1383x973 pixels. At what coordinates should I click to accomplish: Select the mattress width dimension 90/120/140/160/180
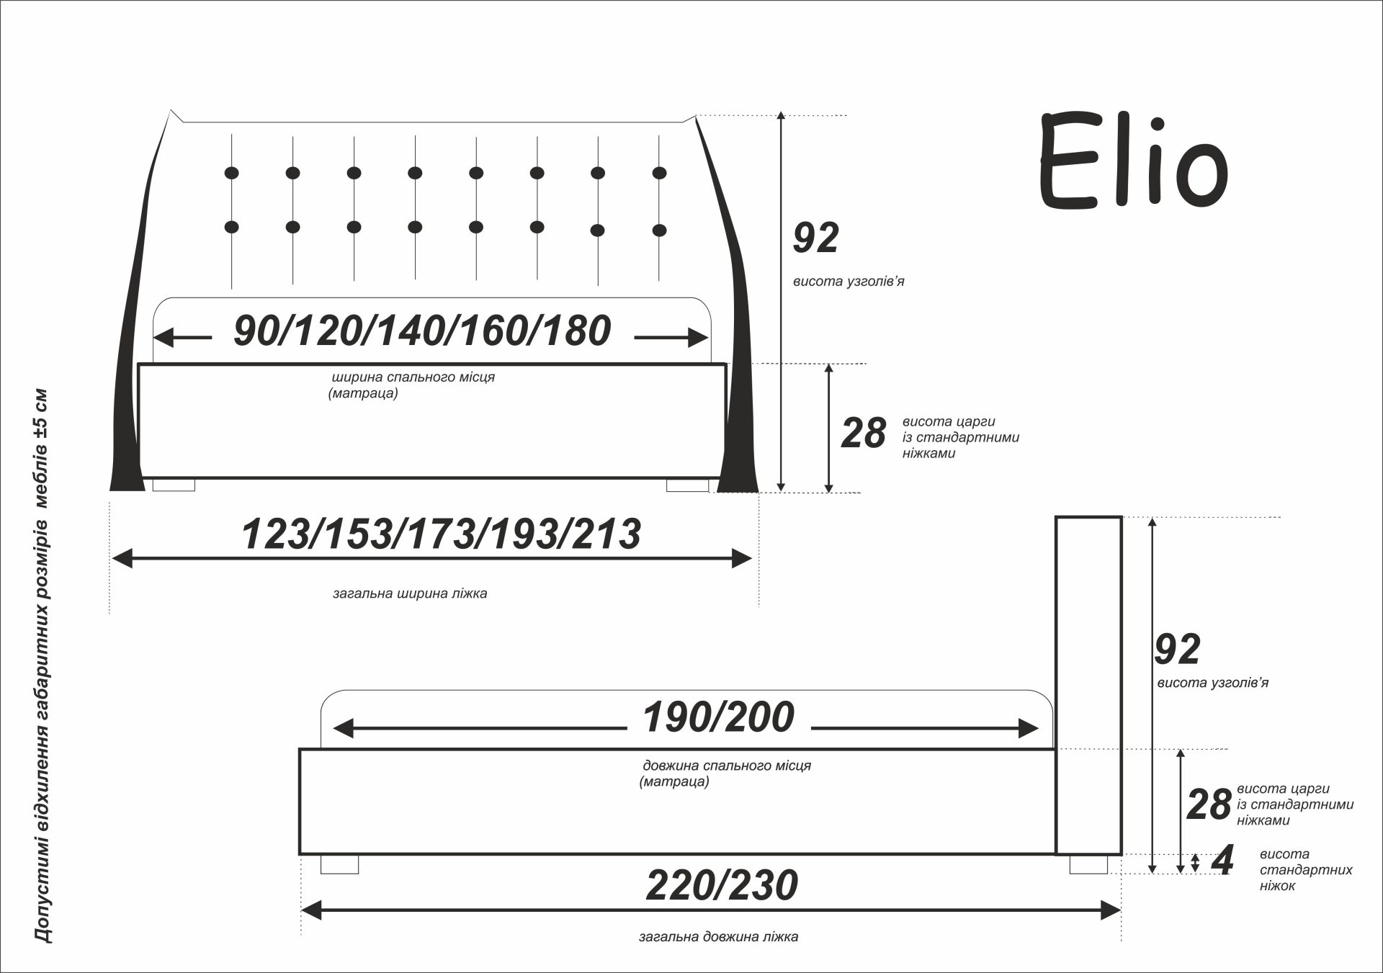pos(423,331)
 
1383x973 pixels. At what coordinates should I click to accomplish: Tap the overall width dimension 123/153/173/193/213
pos(441,534)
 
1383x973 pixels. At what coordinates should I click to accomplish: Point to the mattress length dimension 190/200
pos(718,717)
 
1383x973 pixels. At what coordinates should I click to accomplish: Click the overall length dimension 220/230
pos(722,885)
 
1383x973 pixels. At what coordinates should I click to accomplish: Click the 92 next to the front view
pos(816,238)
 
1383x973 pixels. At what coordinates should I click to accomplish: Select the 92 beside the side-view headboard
pos(1177,649)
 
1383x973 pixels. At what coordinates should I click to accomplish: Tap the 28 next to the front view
pos(864,434)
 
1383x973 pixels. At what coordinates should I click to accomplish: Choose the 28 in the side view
pos(1209,804)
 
